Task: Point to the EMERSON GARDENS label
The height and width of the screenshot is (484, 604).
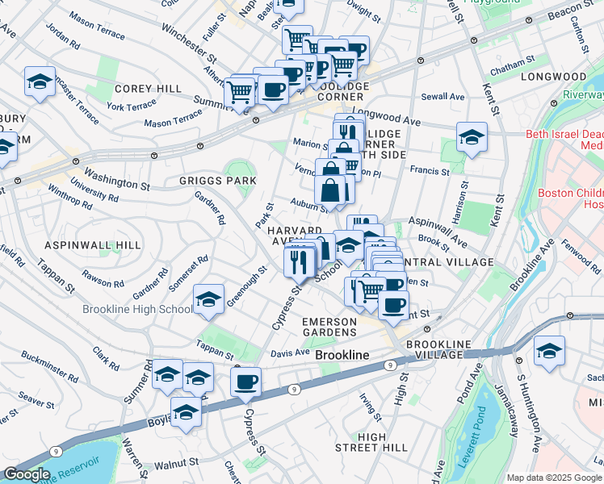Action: click(x=329, y=327)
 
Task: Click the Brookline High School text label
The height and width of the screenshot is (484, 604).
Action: click(x=136, y=309)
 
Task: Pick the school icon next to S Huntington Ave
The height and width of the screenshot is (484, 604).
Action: click(x=549, y=351)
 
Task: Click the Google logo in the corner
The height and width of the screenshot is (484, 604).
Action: click(x=26, y=474)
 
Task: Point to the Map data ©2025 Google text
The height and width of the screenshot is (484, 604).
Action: click(x=554, y=478)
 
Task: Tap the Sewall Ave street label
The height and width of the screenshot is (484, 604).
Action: click(x=445, y=97)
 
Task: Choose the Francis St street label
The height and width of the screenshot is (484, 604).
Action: click(x=429, y=171)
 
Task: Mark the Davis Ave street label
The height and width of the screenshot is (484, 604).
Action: click(x=290, y=353)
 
